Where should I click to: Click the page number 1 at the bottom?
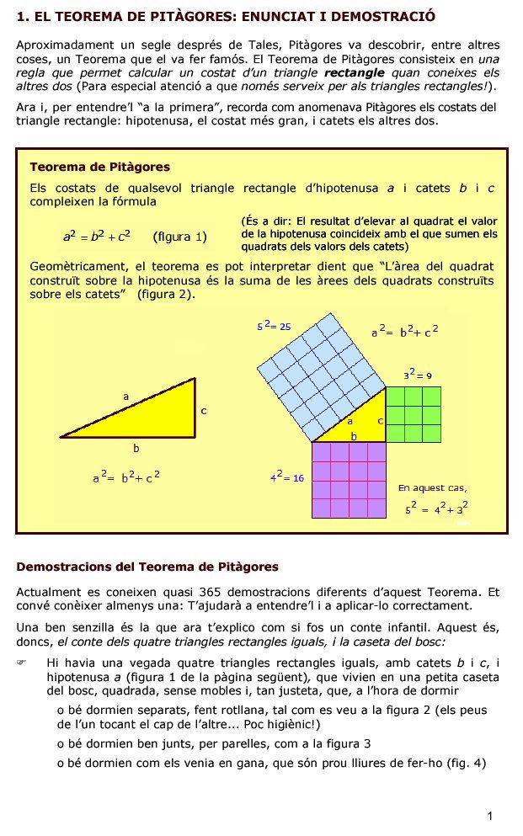pyautogui.click(x=489, y=816)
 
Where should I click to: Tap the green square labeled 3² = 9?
pyautogui.click(x=414, y=413)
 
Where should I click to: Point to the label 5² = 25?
pyautogui.click(x=274, y=325)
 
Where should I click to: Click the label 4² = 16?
pyautogui.click(x=286, y=477)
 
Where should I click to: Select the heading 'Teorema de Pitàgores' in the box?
pyautogui.click(x=99, y=167)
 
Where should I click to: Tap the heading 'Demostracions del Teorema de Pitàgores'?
pyautogui.click(x=147, y=566)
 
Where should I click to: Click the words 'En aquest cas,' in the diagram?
pyautogui.click(x=432, y=487)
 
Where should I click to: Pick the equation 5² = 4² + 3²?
pyautogui.click(x=436, y=509)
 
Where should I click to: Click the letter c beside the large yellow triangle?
pyautogui.click(x=203, y=411)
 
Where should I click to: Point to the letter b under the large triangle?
pyautogui.click(x=136, y=448)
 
